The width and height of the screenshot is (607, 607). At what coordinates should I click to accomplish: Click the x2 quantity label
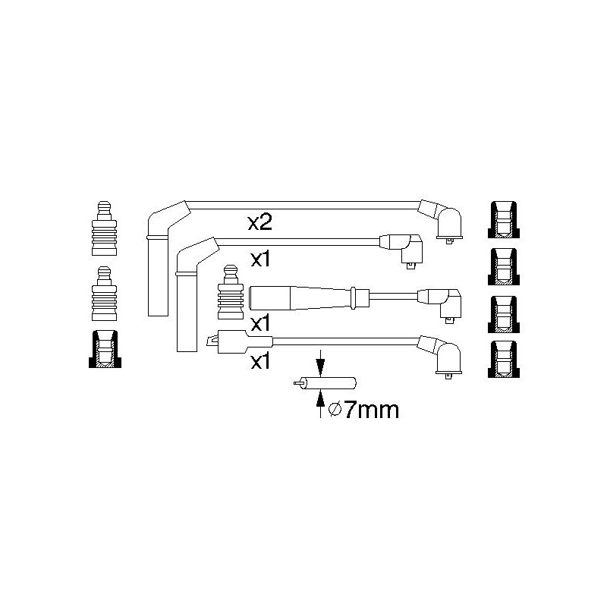[259, 223]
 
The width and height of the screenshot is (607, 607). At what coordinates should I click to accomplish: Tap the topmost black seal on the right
[504, 219]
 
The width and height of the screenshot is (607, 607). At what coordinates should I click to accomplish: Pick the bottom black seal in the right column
[504, 359]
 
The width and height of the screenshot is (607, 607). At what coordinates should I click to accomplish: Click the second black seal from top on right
[504, 266]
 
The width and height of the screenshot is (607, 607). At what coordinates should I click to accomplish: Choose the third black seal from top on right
[504, 314]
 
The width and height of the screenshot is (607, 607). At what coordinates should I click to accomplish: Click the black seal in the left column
[105, 349]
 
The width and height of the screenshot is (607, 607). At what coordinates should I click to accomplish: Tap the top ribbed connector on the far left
[104, 228]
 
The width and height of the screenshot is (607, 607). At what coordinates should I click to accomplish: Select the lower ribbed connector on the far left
[104, 294]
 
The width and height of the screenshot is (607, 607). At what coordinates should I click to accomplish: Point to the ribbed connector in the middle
[231, 292]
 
